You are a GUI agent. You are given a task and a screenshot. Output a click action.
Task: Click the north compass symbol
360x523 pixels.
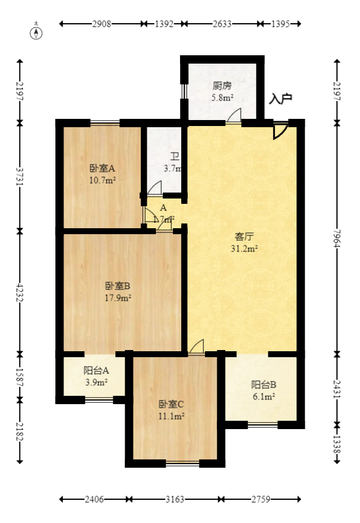pyautogui.click(x=37, y=32)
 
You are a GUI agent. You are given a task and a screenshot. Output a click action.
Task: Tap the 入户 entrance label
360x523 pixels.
pyautogui.click(x=280, y=99)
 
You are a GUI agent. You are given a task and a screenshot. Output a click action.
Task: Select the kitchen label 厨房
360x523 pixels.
pyautogui.click(x=223, y=86)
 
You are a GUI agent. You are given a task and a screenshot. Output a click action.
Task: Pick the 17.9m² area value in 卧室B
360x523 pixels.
pyautogui.click(x=118, y=298)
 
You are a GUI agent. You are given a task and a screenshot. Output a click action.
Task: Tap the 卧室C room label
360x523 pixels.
pyautogui.click(x=171, y=404)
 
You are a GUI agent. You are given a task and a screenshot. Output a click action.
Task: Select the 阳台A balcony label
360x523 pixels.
pyautogui.click(x=96, y=370)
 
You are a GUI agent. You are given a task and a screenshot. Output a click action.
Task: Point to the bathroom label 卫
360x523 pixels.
pyautogui.click(x=175, y=157)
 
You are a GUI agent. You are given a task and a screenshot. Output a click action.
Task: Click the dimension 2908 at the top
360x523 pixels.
pyautogui.click(x=102, y=24)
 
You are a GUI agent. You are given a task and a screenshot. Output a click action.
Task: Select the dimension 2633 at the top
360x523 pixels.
pyautogui.click(x=222, y=24)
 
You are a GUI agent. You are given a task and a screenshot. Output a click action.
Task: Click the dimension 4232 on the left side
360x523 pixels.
pyautogui.click(x=20, y=291)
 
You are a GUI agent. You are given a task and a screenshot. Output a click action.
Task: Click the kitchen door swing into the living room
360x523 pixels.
pyautogui.click(x=235, y=116)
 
